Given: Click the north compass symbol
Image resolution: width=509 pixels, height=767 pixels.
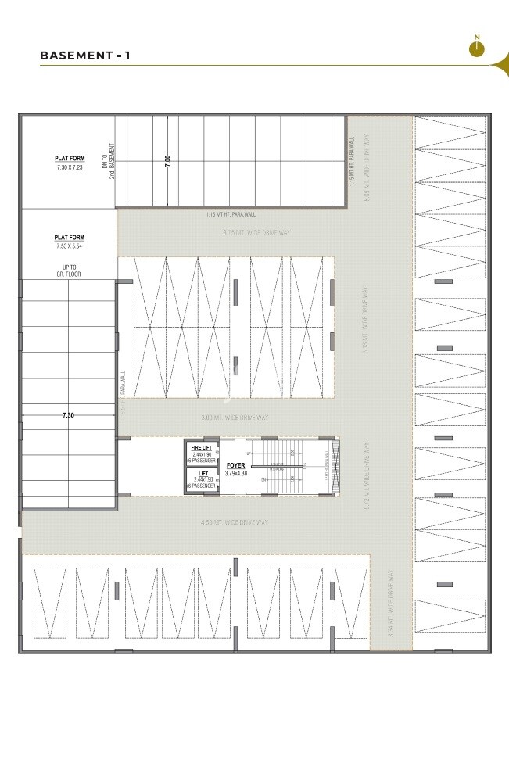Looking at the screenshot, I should point(477,47).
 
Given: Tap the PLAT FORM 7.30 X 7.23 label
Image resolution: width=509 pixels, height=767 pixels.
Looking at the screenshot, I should point(70,163).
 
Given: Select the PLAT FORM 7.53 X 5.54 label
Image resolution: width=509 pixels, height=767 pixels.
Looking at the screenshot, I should point(69,242).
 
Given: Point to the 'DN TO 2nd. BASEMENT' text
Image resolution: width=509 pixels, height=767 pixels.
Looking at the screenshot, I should point(109,161).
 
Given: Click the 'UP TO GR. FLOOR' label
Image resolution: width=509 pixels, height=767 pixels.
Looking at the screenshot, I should point(70,271).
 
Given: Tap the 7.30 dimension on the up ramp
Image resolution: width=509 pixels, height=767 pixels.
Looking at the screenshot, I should point(68,415).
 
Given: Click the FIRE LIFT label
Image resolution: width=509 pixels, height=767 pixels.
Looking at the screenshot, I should point(202,448).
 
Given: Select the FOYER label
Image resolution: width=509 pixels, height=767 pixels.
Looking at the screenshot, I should point(235,465).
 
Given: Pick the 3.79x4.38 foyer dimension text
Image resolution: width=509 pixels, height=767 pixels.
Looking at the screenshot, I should point(236,474).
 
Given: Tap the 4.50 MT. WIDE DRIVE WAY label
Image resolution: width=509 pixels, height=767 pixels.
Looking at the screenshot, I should point(235,521).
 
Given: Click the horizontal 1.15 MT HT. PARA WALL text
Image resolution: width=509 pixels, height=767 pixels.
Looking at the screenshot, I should point(231,214).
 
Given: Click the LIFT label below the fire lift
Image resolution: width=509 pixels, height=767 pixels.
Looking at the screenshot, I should point(202,473).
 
